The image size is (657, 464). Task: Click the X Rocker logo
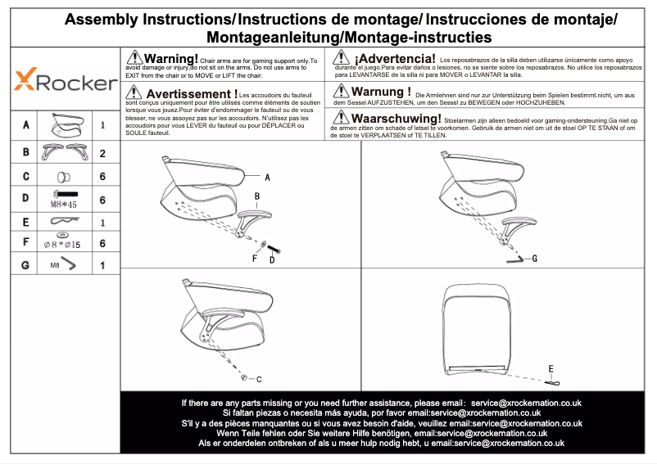66,82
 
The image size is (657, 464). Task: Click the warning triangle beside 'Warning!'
134,59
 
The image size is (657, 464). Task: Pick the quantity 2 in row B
102,153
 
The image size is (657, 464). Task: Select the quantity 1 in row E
102,222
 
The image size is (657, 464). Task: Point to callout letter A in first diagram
267,177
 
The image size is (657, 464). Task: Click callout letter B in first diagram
256,196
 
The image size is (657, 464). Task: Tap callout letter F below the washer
255,259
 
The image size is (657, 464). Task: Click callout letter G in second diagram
534,259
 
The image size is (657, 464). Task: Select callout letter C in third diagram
259,379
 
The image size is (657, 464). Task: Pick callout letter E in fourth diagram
551,367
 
